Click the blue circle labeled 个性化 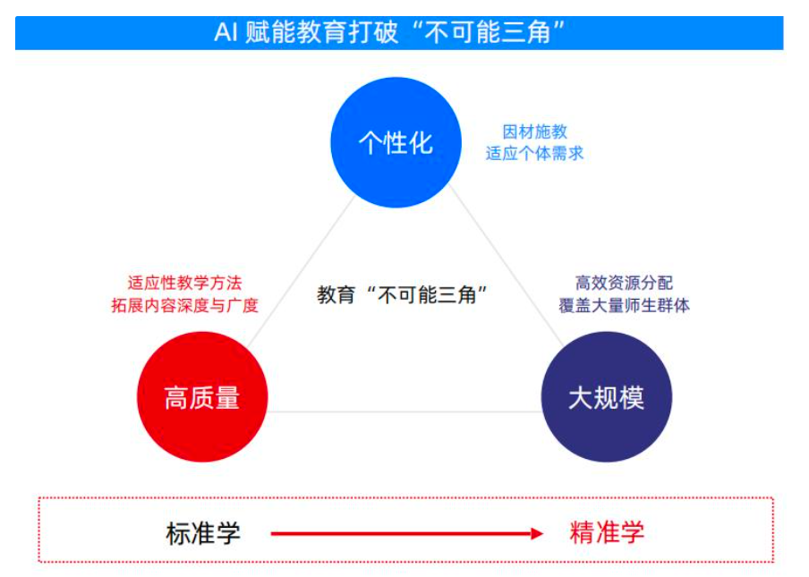[x=396, y=142]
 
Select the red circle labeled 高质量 [x=202, y=397]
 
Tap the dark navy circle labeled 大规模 [x=607, y=397]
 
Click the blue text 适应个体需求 [x=534, y=153]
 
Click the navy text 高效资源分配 [x=624, y=283]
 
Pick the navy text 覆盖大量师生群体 [x=624, y=305]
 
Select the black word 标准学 [x=203, y=533]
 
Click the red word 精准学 [x=607, y=533]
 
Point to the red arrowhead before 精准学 [x=536, y=534]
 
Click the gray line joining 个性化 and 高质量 [x=300, y=272]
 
